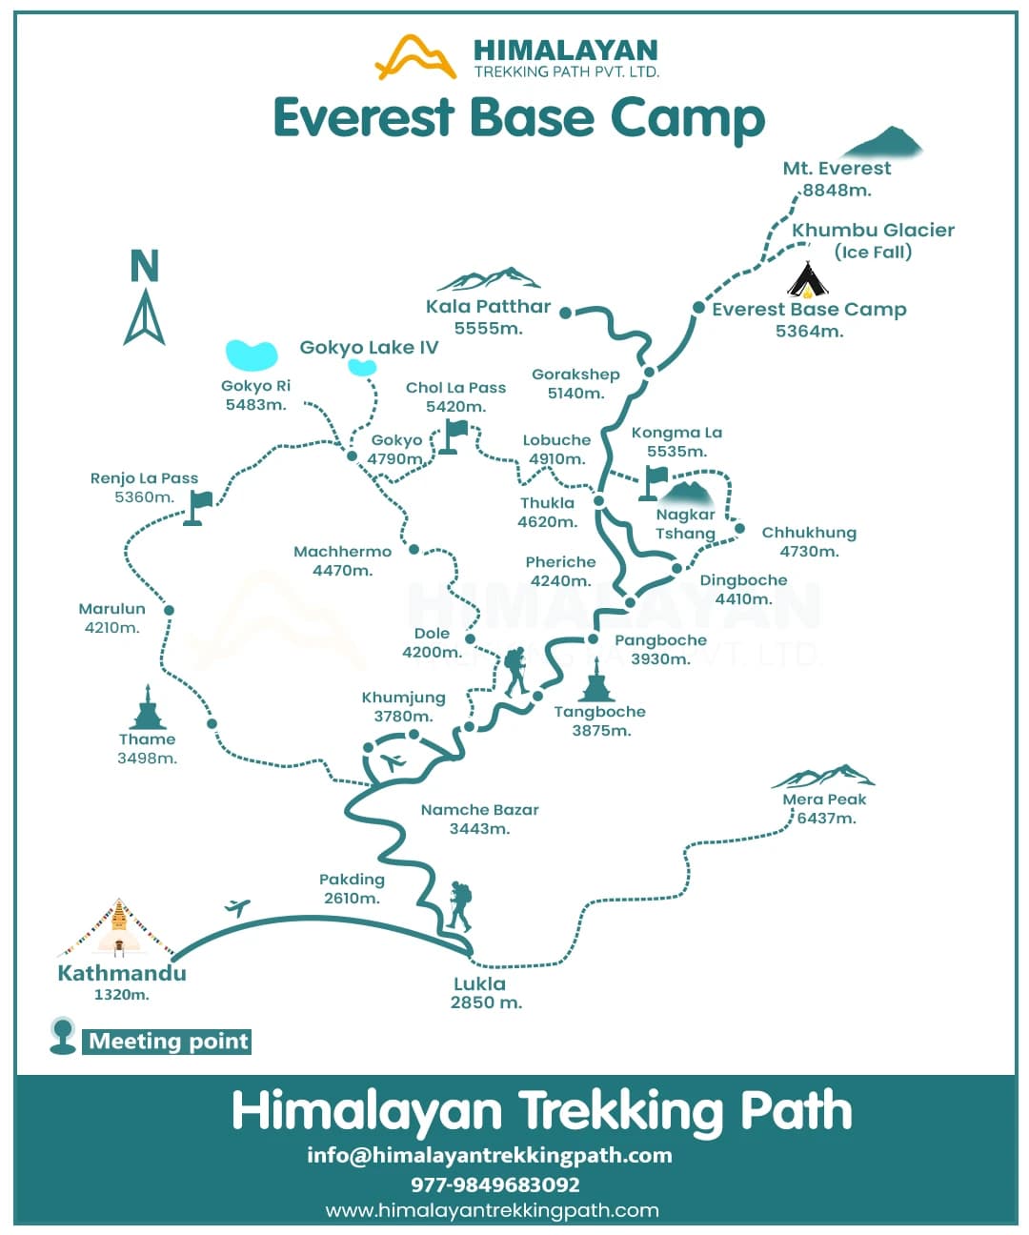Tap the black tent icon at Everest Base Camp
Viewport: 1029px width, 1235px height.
(807, 280)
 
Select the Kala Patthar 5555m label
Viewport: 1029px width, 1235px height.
(488, 316)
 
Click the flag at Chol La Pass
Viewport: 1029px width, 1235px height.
(455, 436)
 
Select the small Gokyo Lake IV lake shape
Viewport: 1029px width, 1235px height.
(362, 367)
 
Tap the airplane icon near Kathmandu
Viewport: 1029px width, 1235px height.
(237, 907)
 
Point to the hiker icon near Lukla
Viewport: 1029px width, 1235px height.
(459, 906)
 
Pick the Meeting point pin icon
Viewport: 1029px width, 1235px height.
(63, 1035)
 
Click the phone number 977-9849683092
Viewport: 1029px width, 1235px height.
(494, 1184)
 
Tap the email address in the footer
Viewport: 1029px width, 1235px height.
(489, 1155)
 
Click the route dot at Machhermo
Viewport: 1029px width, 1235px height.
(414, 549)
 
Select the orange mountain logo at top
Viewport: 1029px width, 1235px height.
(415, 57)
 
